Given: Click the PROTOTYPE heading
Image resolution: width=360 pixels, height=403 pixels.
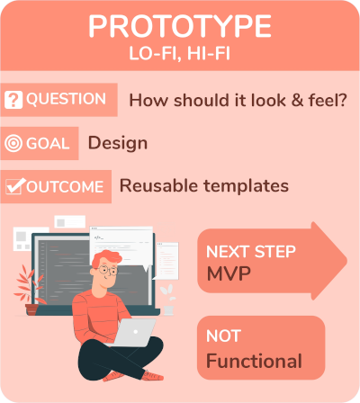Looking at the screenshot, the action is [180, 26].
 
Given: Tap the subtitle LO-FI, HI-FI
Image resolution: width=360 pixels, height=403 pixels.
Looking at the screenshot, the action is [180, 54].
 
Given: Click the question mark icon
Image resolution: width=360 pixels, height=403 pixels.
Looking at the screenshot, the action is [13, 100].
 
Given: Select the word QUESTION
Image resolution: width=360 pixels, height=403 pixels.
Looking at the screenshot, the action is [66, 99].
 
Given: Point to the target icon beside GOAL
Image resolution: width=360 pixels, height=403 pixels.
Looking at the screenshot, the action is [13, 143].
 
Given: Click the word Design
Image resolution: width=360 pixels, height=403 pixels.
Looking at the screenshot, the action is [118, 143].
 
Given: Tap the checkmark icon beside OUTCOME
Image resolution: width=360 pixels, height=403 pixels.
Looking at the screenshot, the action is [15, 186].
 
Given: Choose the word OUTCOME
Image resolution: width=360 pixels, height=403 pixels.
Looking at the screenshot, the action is [65, 186].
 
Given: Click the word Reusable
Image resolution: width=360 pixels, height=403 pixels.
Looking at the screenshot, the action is [158, 185].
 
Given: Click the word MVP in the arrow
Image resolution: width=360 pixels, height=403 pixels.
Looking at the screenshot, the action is [229, 273].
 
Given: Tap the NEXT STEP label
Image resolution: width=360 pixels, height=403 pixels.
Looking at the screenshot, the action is [251, 251].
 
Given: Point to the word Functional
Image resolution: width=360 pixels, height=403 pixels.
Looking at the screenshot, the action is [254, 361].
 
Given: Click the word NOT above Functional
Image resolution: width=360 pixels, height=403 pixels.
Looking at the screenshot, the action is [223, 336].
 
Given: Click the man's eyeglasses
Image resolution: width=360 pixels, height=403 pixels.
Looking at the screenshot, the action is [107, 270].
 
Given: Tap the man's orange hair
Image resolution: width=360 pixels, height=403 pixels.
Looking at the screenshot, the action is [105, 258].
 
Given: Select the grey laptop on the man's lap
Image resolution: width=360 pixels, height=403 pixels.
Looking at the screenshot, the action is [133, 332].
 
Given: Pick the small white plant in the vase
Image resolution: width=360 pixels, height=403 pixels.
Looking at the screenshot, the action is [168, 300].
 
